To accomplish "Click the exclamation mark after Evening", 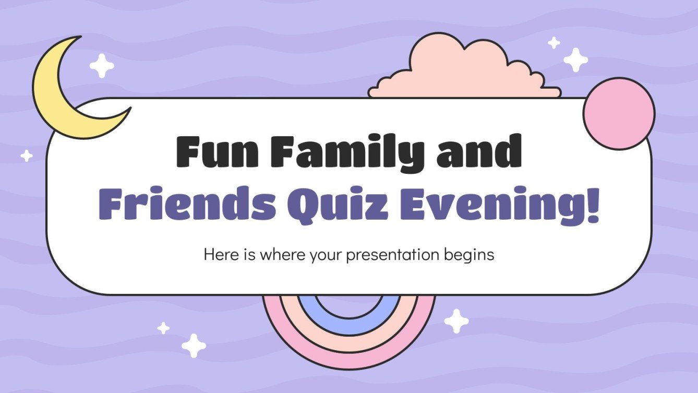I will click(x=592, y=205).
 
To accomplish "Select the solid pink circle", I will click(x=619, y=113).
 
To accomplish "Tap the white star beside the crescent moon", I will click(x=101, y=66).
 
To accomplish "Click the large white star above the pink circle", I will click(x=575, y=59).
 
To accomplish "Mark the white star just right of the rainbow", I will click(x=456, y=320).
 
